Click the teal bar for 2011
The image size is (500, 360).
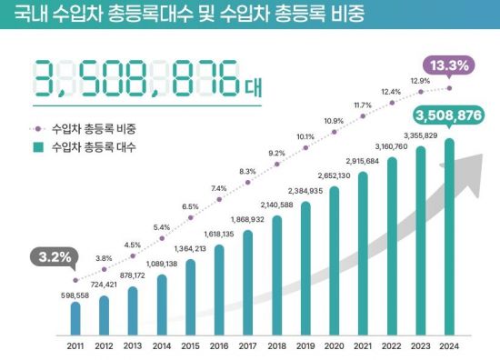pos(75,318)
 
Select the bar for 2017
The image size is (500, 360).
pos(248,282)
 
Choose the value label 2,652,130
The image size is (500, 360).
pos(335,175)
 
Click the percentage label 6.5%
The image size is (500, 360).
pos(190,207)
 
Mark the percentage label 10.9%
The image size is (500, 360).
pos(334,120)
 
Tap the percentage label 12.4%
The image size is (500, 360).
pos(391,91)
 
